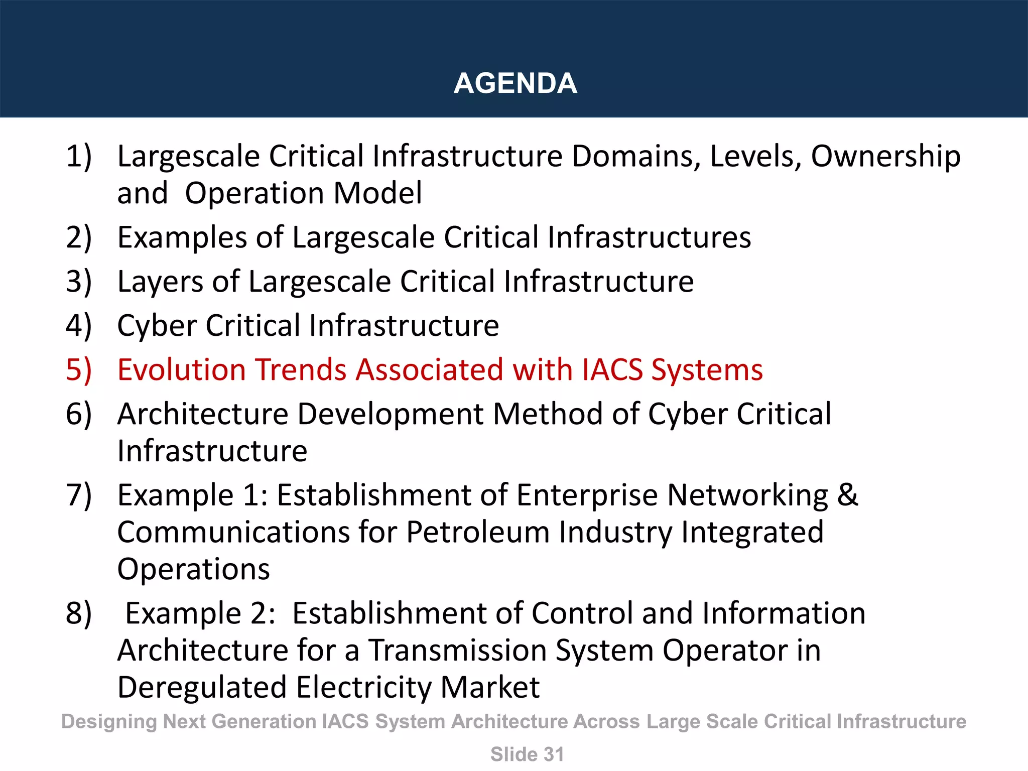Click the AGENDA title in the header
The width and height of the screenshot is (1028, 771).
click(515, 83)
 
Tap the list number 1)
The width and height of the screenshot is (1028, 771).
click(79, 156)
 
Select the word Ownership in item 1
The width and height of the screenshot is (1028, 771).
click(885, 156)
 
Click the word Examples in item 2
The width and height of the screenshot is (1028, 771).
click(182, 237)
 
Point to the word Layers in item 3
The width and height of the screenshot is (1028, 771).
click(160, 282)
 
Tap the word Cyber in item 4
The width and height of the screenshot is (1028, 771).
click(157, 325)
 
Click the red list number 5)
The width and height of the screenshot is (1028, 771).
click(79, 370)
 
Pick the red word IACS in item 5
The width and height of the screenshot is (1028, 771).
click(612, 370)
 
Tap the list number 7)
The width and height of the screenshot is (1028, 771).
click(79, 495)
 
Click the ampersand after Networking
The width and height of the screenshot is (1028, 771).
click(847, 495)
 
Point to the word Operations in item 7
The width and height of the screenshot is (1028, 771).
click(193, 569)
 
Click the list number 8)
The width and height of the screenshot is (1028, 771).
click(79, 613)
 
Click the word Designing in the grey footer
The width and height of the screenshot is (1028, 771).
click(109, 722)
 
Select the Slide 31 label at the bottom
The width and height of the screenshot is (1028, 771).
click(527, 754)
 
